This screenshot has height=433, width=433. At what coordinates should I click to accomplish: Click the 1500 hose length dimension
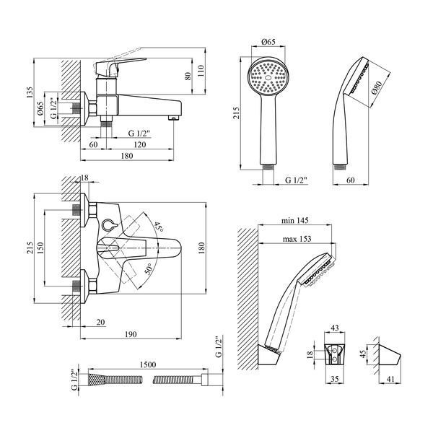(x=148, y=364)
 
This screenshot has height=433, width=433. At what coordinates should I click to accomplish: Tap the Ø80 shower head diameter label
(x=377, y=88)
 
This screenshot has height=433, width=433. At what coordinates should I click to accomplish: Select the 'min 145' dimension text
(x=294, y=221)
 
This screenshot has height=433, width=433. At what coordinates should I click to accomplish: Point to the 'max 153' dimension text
(x=297, y=239)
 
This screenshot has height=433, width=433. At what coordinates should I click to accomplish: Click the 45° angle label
(x=158, y=227)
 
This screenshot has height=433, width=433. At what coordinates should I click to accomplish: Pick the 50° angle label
(x=149, y=268)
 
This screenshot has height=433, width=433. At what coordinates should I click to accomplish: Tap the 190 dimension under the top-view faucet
(x=131, y=334)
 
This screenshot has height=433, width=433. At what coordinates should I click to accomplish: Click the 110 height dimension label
(x=201, y=71)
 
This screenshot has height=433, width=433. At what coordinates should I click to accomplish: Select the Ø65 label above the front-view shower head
(x=268, y=42)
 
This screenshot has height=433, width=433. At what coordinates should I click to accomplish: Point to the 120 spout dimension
(x=140, y=144)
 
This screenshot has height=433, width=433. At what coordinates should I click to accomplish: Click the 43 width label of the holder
(x=334, y=328)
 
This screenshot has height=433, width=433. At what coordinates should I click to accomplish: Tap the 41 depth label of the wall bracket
(x=390, y=380)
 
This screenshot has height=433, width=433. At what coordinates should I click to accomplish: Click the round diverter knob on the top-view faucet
(x=108, y=225)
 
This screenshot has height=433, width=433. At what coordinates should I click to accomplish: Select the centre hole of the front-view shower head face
(x=268, y=78)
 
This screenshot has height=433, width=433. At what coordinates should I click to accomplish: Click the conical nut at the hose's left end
(x=97, y=380)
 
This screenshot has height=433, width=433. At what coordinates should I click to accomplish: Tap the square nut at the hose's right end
(x=204, y=380)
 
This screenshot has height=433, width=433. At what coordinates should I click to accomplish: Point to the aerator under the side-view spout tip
(x=173, y=118)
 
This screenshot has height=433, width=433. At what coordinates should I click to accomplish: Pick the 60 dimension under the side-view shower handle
(x=350, y=180)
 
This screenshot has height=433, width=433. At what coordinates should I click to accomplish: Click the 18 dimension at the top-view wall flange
(x=84, y=178)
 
